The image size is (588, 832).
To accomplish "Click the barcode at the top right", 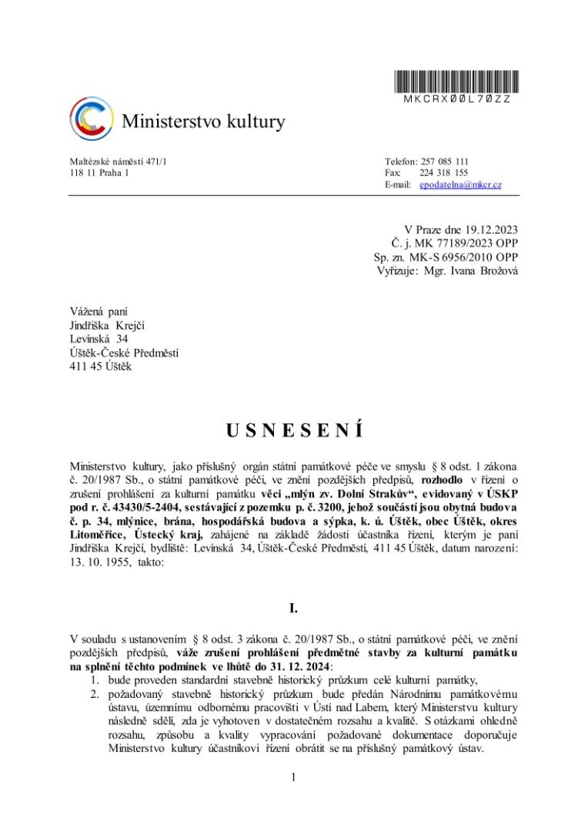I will click(x=457, y=81).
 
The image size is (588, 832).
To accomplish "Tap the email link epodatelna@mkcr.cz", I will click(x=460, y=185).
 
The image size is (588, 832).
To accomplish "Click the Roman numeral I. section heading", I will click(x=293, y=609).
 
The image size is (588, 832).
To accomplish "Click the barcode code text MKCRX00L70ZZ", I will click(x=457, y=99).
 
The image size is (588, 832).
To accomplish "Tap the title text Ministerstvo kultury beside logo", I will click(x=203, y=122).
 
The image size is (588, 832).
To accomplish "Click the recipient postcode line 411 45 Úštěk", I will click(x=101, y=367).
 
